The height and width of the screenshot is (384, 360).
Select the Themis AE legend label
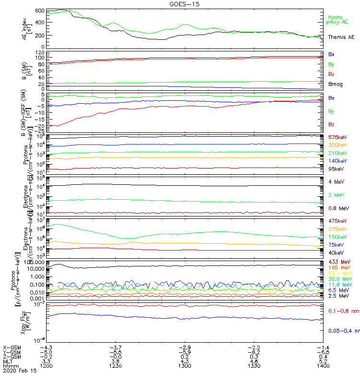(x=341, y=37)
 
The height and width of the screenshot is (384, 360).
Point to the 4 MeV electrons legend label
(x=337, y=181)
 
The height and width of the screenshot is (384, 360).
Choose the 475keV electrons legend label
(x=337, y=220)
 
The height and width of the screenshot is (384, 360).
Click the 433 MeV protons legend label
(x=339, y=261)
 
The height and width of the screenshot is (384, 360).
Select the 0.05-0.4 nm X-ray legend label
(x=343, y=331)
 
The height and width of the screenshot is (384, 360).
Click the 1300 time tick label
(x=185, y=365)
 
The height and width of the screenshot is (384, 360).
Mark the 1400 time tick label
(x=323, y=365)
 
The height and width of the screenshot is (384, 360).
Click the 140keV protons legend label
(x=337, y=161)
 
